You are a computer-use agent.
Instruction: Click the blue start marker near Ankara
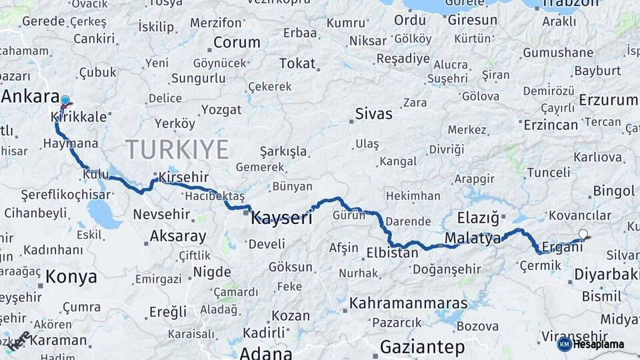tap(65, 101)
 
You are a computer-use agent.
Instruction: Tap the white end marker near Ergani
tap(583, 234)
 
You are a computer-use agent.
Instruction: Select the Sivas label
tap(374, 113)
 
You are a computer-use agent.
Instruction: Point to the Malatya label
tap(472, 238)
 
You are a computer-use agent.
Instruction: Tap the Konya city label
tap(71, 277)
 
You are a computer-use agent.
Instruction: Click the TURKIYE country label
tap(177, 148)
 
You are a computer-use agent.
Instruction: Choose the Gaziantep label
tap(422, 347)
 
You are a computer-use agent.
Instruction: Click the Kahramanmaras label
tap(409, 303)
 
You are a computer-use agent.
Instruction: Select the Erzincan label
tap(551, 125)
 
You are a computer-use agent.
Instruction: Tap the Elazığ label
tap(478, 217)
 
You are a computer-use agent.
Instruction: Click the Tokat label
tap(297, 64)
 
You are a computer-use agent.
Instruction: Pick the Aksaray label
tap(177, 236)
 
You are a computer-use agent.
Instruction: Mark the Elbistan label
tap(392, 253)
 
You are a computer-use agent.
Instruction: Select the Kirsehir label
tap(183, 177)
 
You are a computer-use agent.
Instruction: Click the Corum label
tap(237, 43)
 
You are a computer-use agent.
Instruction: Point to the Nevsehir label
tap(163, 214)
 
